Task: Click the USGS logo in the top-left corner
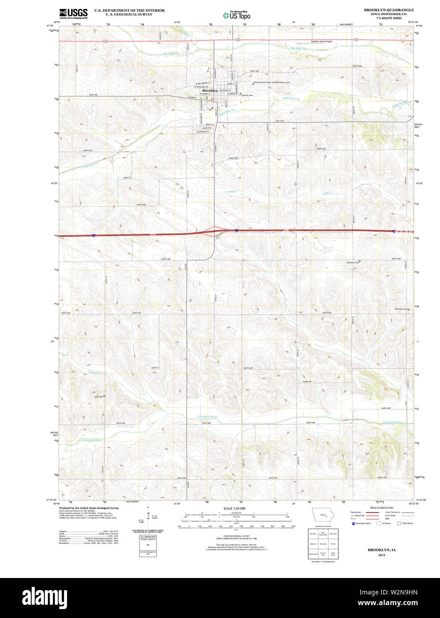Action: (74, 13)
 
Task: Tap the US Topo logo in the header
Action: (237, 16)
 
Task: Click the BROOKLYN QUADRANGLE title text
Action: (388, 10)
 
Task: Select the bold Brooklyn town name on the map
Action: (209, 91)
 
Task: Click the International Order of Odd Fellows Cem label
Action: (271, 82)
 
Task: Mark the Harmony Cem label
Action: (353, 262)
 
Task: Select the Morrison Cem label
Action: (401, 309)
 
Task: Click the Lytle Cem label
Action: (98, 396)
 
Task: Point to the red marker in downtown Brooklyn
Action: (212, 99)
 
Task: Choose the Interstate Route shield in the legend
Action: (353, 523)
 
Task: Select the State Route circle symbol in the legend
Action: (399, 523)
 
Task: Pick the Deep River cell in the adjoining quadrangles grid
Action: (333, 554)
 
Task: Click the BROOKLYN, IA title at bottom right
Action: (381, 550)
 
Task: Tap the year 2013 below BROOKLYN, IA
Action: (381, 555)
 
